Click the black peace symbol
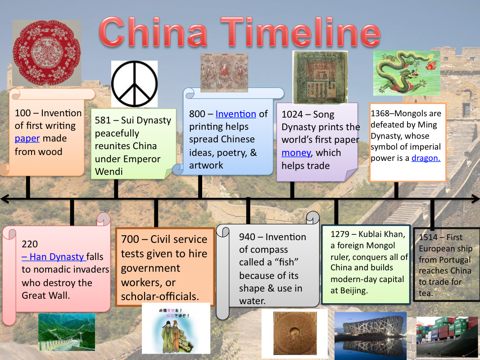134,84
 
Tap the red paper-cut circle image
46,52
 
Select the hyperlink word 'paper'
27,138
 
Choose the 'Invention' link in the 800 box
235,114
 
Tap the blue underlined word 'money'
296,153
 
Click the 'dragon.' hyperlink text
426,158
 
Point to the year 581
104,120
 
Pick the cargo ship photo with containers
447,336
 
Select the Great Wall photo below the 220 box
67,332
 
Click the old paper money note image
320,77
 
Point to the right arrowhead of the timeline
475,199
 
